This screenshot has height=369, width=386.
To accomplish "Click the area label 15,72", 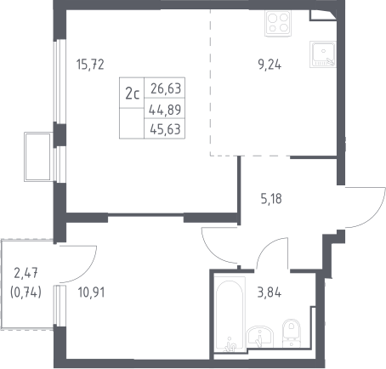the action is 90,65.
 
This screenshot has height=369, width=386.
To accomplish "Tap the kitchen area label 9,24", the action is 270,65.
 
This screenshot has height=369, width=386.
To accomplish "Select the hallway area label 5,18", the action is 271,199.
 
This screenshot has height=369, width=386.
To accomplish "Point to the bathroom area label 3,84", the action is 270,292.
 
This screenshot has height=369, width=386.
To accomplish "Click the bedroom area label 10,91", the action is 91,292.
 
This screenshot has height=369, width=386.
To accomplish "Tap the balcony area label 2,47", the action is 26,274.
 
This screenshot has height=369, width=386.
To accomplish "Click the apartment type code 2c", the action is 132,94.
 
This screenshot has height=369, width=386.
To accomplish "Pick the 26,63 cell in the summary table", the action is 166,88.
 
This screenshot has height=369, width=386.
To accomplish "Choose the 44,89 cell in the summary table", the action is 165,110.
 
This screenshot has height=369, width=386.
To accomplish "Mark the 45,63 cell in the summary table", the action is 165,129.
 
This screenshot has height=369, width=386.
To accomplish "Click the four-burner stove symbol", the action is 278,23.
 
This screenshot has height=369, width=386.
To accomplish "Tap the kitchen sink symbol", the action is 323,54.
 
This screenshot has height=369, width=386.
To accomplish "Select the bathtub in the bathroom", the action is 230,314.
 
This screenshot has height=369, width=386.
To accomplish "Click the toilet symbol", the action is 292,333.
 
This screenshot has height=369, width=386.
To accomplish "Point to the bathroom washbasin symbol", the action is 260,337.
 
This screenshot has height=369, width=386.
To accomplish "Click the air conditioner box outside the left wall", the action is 37,156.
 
